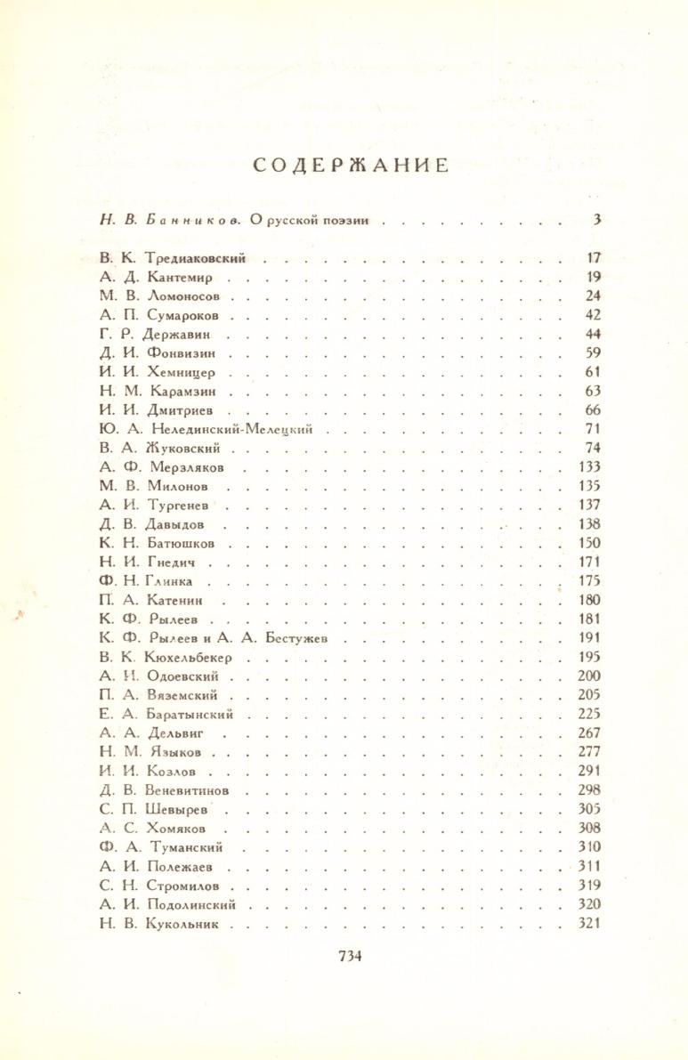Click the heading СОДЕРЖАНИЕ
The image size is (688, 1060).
coord(350,166)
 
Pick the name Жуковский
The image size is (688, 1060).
coord(189,448)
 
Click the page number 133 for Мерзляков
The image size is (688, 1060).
coord(589,466)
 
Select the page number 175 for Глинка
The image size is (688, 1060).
coord(589,581)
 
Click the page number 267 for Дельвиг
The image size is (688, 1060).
coord(589,732)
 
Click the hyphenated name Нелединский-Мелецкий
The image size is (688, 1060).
coord(233,429)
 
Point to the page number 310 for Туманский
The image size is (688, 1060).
coord(589,847)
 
